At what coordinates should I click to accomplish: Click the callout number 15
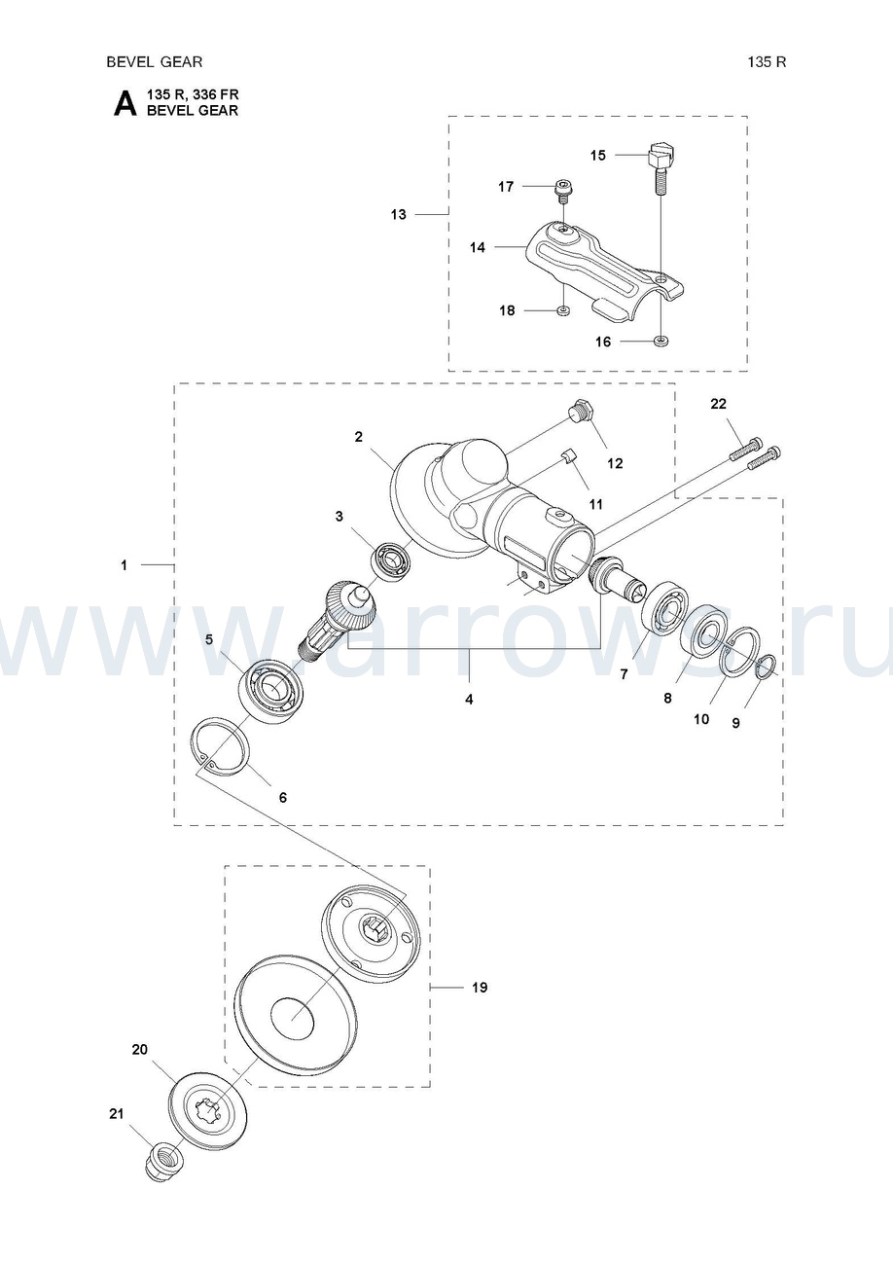(597, 155)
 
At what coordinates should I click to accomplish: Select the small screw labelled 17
(562, 192)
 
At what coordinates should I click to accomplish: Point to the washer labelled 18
(563, 310)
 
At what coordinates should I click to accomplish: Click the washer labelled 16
(661, 341)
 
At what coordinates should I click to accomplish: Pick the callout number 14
(478, 247)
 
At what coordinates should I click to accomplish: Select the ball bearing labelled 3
(392, 559)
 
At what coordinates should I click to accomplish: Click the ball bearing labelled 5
(272, 691)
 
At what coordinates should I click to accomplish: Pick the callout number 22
(718, 403)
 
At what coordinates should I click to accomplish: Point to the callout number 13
(398, 214)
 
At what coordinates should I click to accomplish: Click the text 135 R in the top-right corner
(767, 62)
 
